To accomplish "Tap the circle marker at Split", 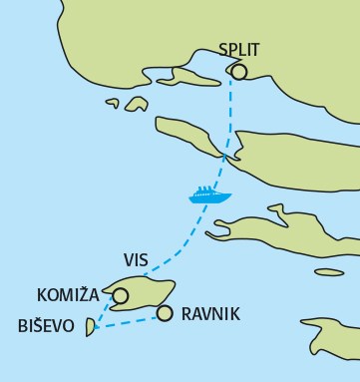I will coord(238,71).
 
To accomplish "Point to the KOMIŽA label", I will coord(70,294).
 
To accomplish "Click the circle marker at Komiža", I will coord(121,295).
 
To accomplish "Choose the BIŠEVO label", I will coord(44,325).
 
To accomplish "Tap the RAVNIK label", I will coord(210,314).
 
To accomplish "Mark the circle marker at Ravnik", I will coord(164,313).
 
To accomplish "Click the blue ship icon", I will coord(210,193).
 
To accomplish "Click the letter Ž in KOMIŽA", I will coord(85,294).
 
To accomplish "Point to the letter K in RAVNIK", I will coord(234,314).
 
